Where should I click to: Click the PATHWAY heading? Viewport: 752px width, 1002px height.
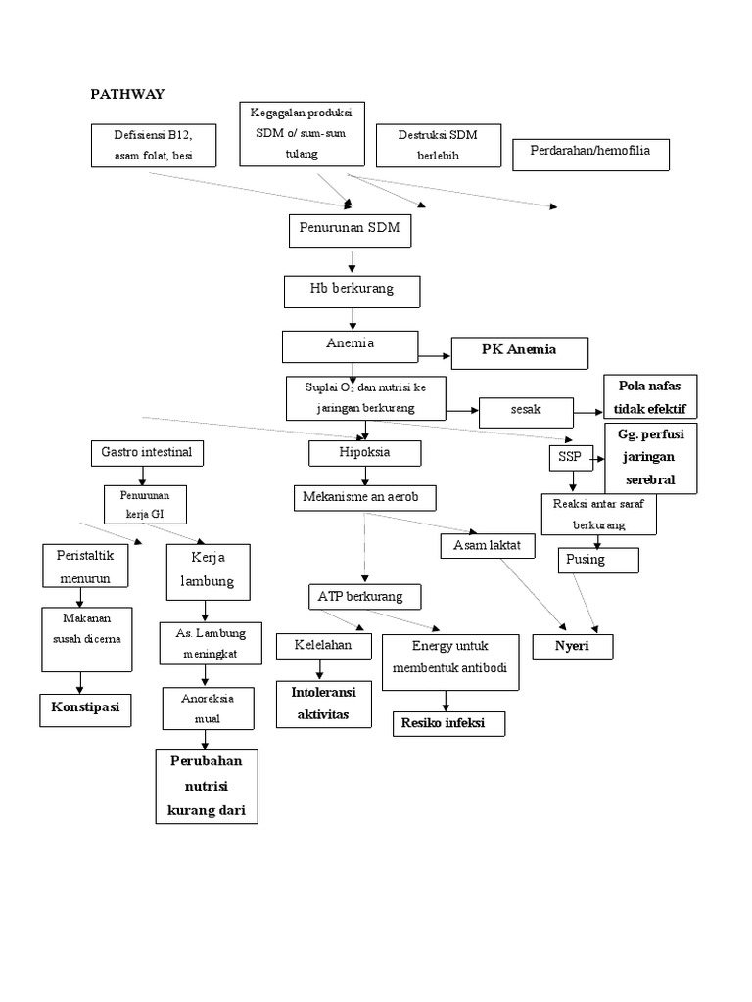point(127,94)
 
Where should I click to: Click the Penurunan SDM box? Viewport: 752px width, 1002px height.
point(351,231)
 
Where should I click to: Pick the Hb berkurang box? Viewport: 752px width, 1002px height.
point(352,292)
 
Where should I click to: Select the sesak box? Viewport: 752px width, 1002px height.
point(526,411)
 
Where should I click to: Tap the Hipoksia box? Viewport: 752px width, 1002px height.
point(364,453)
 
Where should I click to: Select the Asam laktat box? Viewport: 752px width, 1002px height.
point(488,546)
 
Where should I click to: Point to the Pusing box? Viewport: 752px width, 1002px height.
point(598,561)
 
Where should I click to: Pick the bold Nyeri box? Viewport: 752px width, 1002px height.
point(572,647)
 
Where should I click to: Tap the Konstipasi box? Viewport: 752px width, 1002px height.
point(85,708)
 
